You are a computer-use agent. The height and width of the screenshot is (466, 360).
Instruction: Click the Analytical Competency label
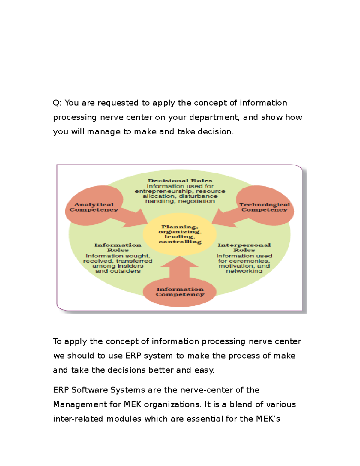(x=94, y=207)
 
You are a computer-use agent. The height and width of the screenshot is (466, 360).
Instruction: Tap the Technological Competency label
(x=265, y=207)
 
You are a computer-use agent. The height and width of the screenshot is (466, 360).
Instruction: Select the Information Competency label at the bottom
(x=180, y=292)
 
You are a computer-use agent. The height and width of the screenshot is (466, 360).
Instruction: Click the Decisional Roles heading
(x=180, y=181)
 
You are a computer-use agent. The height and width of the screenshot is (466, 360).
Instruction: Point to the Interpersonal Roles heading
(x=244, y=248)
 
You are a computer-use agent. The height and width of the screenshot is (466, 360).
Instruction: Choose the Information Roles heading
(x=118, y=248)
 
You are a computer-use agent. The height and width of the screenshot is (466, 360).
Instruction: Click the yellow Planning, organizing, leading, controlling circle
(x=180, y=234)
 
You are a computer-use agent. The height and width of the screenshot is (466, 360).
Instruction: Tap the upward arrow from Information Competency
(x=180, y=267)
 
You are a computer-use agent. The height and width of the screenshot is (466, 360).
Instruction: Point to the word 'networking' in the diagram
(x=244, y=271)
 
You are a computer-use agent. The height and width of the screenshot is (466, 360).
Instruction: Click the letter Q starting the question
(x=56, y=103)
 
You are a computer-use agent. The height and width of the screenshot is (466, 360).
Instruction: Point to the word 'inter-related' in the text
(x=78, y=419)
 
